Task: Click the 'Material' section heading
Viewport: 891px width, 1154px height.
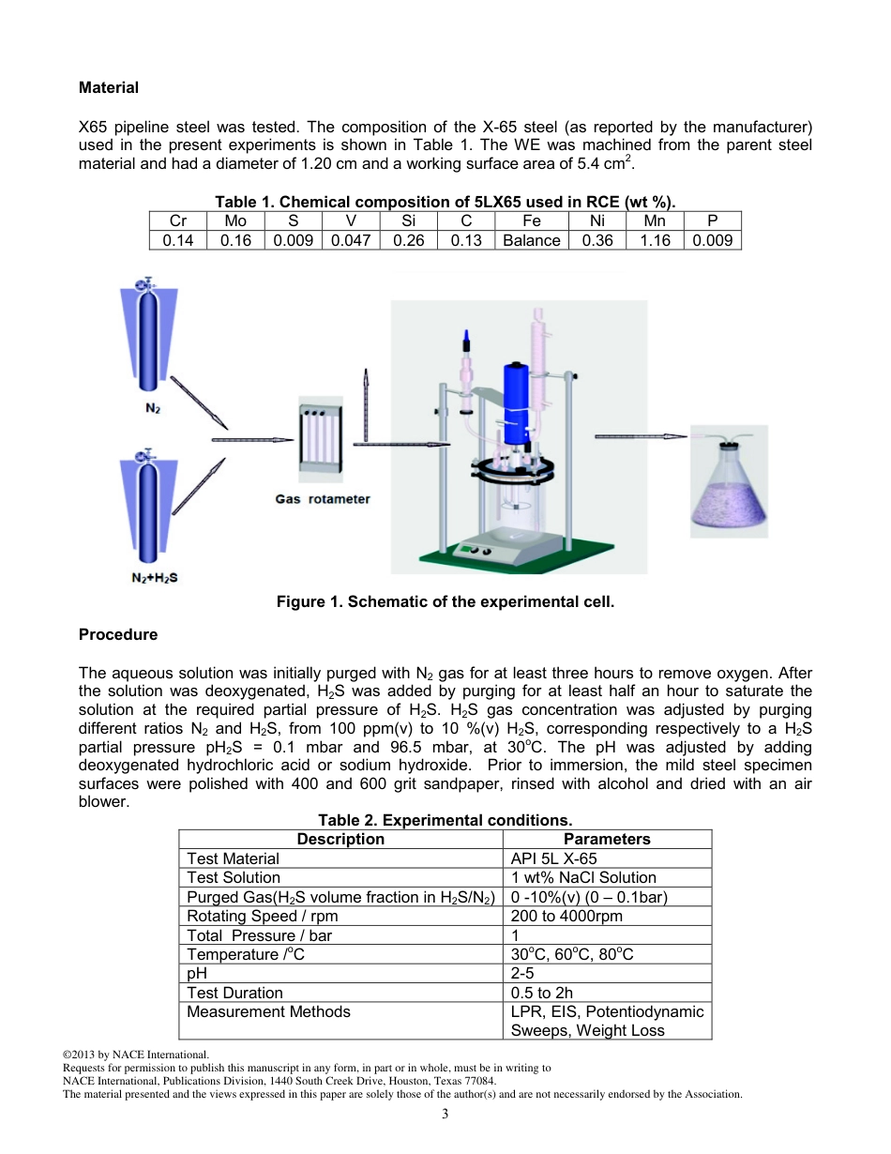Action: [x=109, y=87]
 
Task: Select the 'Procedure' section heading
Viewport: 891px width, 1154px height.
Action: [x=118, y=634]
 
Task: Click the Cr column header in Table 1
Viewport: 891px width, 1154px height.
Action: [x=177, y=221]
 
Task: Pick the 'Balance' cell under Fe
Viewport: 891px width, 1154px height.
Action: [x=531, y=240]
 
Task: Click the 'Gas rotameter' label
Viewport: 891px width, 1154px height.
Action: [x=323, y=499]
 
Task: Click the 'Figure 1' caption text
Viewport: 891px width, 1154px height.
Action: [x=445, y=601]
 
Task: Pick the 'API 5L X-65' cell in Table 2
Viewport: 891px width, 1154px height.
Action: [x=553, y=858]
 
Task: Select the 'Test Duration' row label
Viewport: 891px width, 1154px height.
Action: [x=234, y=993]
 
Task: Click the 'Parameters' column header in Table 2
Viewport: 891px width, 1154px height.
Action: [x=607, y=839]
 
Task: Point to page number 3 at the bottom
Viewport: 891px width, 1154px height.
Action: [x=445, y=1114]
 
